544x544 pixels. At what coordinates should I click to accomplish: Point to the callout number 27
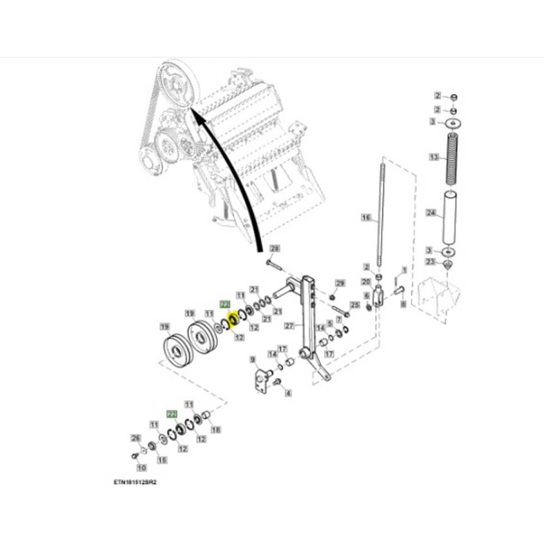point(290,325)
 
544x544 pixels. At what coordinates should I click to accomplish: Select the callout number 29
point(339,284)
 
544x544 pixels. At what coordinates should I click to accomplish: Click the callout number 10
point(141,468)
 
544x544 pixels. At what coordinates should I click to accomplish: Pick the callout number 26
point(134,439)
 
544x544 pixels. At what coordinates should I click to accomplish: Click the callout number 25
point(354,306)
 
